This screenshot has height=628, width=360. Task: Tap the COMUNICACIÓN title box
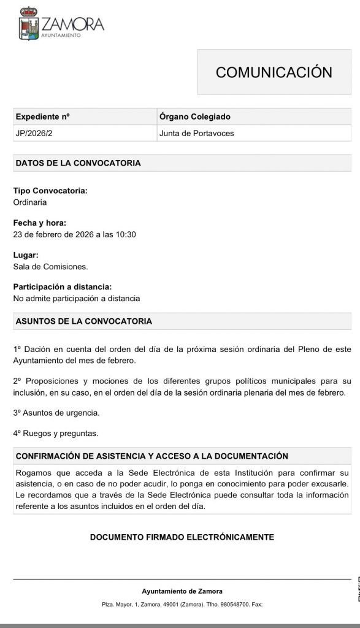click(x=274, y=72)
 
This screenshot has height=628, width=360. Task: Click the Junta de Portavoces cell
click(x=196, y=133)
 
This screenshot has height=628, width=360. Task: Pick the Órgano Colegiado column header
click(x=194, y=117)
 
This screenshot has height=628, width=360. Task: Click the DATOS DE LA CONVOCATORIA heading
click(x=78, y=163)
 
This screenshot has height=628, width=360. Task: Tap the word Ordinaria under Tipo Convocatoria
click(x=30, y=202)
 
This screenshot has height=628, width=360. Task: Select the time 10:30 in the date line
click(x=126, y=234)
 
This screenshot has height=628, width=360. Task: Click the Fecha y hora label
click(x=39, y=223)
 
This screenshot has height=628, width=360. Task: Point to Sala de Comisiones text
click(x=50, y=266)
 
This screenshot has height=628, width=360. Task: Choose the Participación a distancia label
click(x=63, y=287)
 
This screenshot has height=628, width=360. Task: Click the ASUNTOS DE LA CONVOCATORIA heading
click(x=83, y=321)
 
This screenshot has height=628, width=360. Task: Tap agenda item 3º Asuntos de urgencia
click(x=56, y=413)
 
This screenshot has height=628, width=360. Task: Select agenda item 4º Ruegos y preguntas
click(x=55, y=434)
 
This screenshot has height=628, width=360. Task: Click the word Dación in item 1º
click(x=36, y=349)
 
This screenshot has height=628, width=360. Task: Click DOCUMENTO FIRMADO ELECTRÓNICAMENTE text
click(x=182, y=537)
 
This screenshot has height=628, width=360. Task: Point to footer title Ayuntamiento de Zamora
click(x=182, y=591)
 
